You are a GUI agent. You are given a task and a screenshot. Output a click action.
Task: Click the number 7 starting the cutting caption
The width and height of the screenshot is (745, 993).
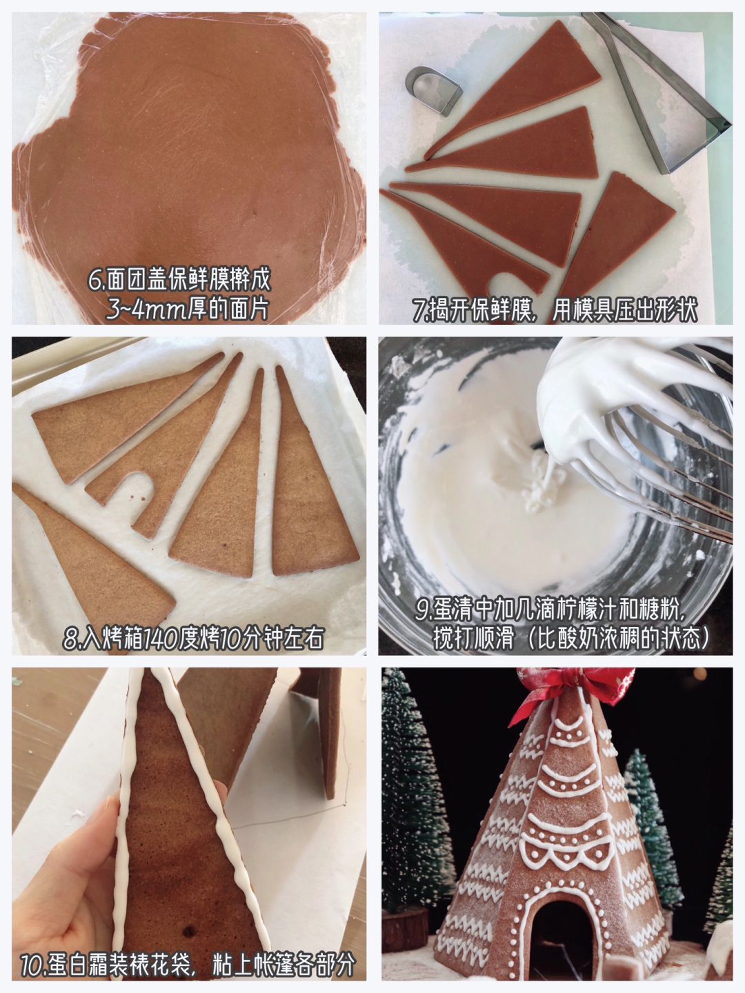click(419, 310)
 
